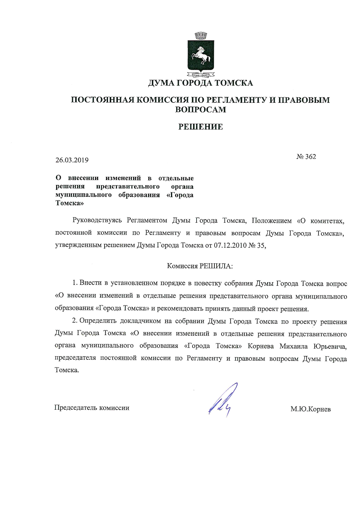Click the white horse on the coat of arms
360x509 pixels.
pyautogui.click(x=201, y=55)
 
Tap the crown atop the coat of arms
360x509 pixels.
pyautogui.click(x=201, y=36)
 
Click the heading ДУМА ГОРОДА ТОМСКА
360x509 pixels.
pyautogui.click(x=201, y=83)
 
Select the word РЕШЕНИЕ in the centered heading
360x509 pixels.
pyautogui.click(x=201, y=127)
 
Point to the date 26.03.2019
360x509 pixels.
pyautogui.click(x=72, y=160)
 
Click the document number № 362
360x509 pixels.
pyautogui.click(x=306, y=157)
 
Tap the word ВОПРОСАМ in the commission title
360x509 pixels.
pyautogui.click(x=201, y=109)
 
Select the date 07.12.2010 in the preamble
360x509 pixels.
pyautogui.click(x=230, y=245)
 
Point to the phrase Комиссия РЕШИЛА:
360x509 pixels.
pyautogui.click(x=200, y=266)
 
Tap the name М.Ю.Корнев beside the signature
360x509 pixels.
pyautogui.click(x=311, y=409)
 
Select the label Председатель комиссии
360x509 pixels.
pyautogui.click(x=92, y=408)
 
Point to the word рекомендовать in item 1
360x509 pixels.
pyautogui.click(x=177, y=309)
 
